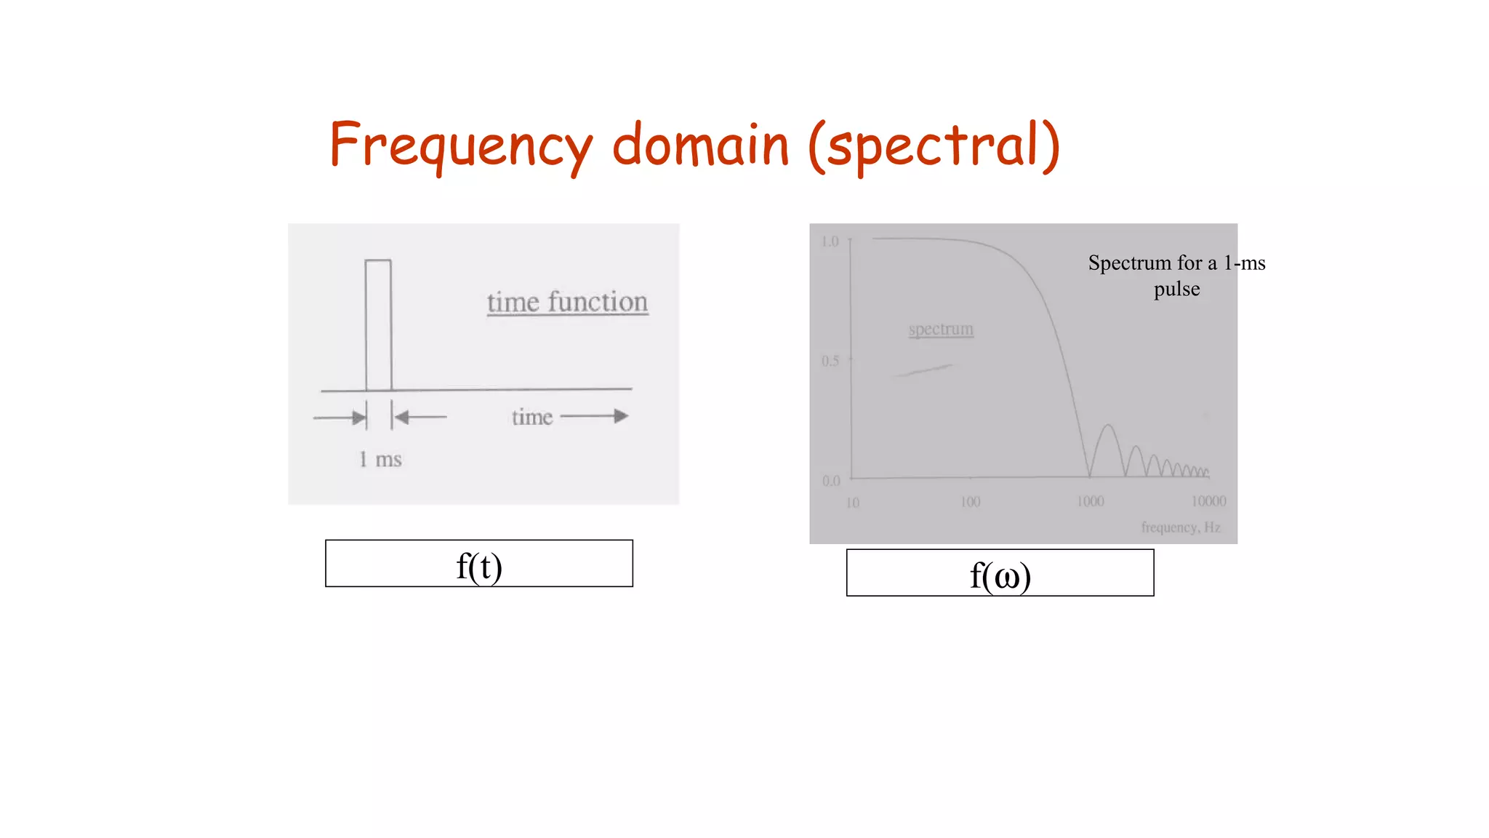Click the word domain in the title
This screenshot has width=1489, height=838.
tap(700, 145)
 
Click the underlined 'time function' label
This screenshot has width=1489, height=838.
tap(567, 303)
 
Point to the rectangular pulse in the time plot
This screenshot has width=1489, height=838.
tap(378, 324)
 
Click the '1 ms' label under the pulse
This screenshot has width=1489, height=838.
tap(380, 460)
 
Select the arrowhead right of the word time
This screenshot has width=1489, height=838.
tap(620, 416)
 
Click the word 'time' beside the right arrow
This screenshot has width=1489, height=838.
tap(532, 418)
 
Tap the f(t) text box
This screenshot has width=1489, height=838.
tap(479, 564)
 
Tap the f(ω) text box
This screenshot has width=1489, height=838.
tap(1000, 573)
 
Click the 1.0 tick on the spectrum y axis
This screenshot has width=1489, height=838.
tap(830, 242)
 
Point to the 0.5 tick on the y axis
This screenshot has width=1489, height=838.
tap(830, 361)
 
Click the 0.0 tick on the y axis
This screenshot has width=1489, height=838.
tap(831, 481)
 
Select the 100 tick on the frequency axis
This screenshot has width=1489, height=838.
tap(970, 502)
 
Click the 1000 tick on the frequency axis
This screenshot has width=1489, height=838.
tap(1090, 501)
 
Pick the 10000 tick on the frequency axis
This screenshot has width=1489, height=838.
tap(1208, 501)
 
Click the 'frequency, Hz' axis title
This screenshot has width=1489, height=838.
tap(1180, 527)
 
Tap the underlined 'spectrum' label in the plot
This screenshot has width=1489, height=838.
tap(941, 330)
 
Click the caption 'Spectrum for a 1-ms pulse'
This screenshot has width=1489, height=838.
tap(1176, 276)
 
